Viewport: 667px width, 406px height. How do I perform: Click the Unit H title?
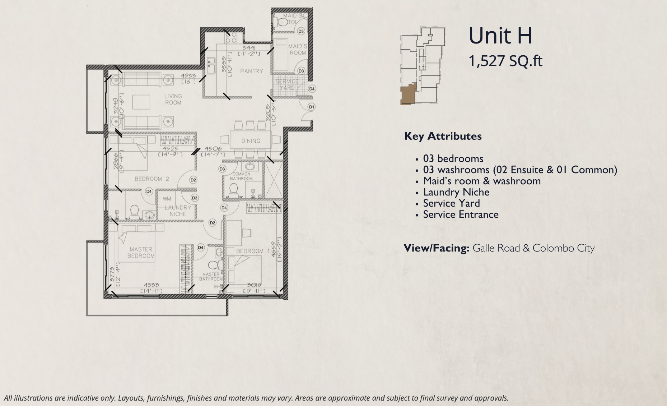500,36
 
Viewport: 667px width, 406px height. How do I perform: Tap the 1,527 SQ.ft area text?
505,61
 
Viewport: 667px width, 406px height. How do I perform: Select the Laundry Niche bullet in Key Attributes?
456,192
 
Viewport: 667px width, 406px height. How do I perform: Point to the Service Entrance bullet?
461,214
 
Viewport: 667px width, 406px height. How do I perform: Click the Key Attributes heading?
443,136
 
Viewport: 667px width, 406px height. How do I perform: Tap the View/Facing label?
436,248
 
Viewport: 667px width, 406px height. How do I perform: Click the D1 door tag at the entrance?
311,107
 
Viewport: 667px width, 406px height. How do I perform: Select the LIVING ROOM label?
173,99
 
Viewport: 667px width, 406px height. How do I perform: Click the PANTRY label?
251,71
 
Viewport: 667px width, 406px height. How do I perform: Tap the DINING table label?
251,141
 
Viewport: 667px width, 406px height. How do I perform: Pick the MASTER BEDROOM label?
141,252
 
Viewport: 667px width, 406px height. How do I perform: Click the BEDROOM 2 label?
151,179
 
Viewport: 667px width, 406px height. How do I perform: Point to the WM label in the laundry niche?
167,199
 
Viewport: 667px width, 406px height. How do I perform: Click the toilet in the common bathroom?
234,189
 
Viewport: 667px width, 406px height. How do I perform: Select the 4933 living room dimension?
188,75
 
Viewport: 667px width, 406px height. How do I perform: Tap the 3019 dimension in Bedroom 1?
254,285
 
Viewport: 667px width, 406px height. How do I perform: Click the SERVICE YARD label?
287,84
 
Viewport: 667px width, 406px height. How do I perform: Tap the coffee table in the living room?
141,102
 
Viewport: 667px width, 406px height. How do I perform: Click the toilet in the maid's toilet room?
283,22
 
